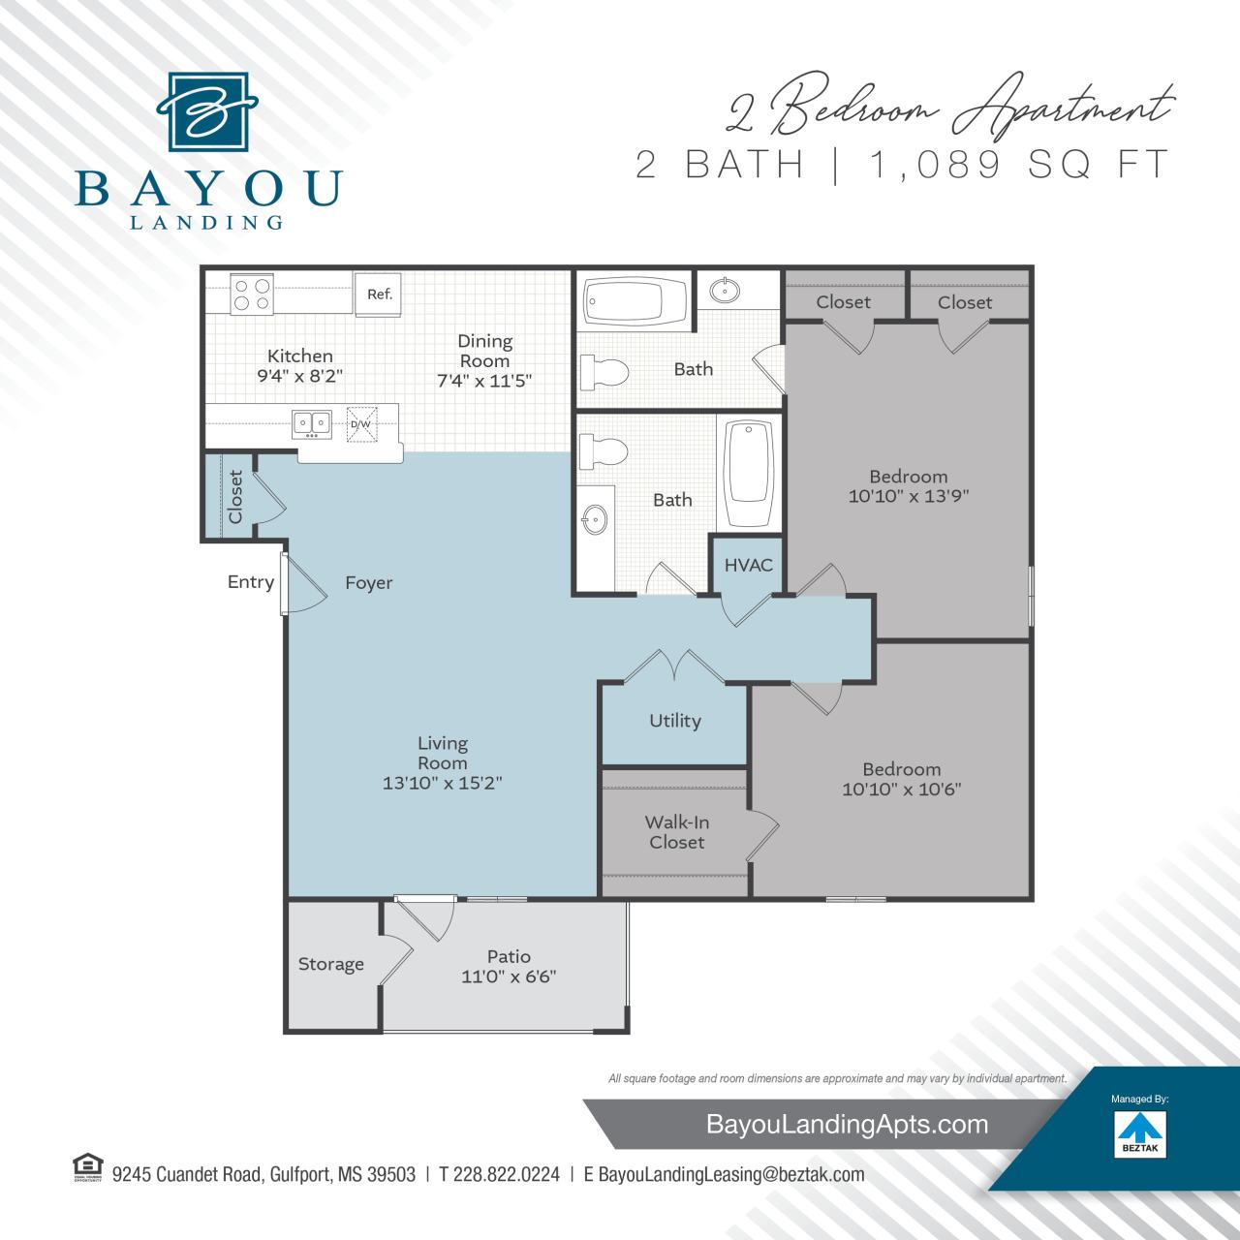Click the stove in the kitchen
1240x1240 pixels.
tap(251, 294)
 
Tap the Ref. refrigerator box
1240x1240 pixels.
tap(379, 294)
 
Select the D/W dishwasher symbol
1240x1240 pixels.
tap(360, 424)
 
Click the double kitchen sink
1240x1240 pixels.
tap(312, 423)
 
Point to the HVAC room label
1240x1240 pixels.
tap(748, 564)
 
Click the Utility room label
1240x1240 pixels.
tap(674, 721)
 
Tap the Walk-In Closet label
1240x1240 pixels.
tap(677, 832)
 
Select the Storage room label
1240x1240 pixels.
tap(331, 964)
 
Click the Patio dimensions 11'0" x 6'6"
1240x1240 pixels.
tap(509, 976)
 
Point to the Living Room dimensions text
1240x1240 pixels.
tap(442, 783)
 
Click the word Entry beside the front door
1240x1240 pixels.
tap(251, 582)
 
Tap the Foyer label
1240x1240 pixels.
tap(369, 582)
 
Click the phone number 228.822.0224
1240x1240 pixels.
tap(499, 1174)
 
